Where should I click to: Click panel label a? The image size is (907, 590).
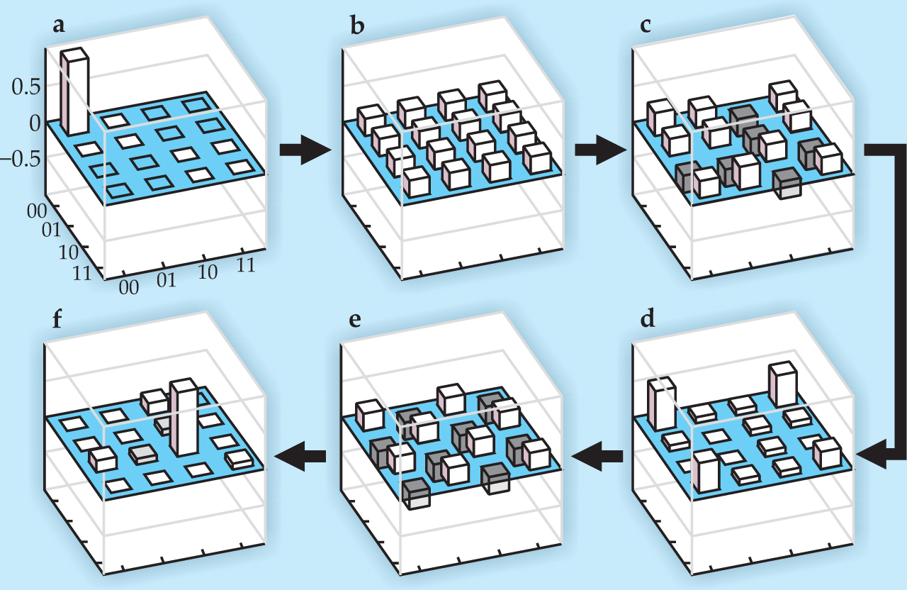point(59,26)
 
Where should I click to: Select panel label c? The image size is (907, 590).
point(646,26)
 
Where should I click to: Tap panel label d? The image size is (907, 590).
point(647,318)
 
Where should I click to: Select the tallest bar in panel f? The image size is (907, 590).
point(183,418)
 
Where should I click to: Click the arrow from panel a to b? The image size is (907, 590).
point(305,150)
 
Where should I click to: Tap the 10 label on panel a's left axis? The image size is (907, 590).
point(69,252)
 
